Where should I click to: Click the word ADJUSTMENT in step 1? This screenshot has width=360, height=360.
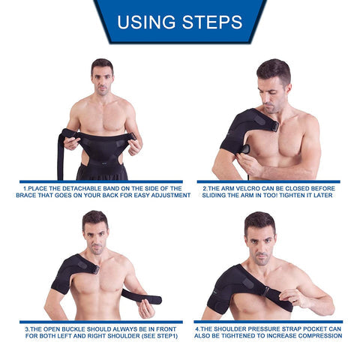[170, 195]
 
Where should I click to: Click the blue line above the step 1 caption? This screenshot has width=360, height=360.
[102, 181]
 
